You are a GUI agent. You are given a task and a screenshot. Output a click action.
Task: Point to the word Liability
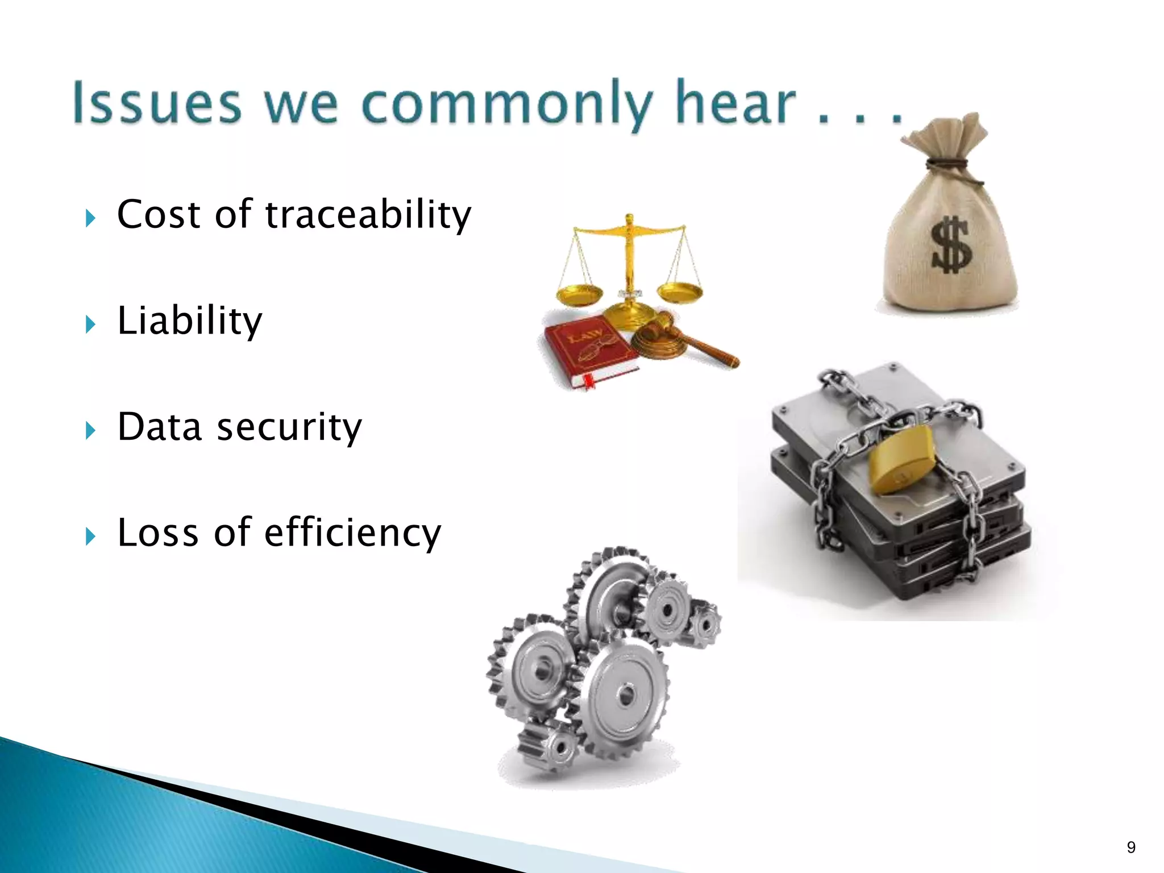point(190,322)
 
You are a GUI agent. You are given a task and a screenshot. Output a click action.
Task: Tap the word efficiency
point(352,533)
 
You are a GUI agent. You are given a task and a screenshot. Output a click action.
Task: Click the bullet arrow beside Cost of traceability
point(90,218)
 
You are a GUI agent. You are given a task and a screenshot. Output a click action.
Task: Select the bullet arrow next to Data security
point(90,430)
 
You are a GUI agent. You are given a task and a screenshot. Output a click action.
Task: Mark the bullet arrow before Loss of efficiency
point(90,536)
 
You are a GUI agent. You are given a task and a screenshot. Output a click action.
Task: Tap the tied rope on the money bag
point(948,165)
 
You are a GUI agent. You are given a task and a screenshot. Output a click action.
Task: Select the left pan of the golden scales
point(579,294)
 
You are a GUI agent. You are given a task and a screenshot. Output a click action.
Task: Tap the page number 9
point(1131,847)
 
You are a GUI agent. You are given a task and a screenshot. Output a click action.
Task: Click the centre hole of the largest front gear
point(626,695)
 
